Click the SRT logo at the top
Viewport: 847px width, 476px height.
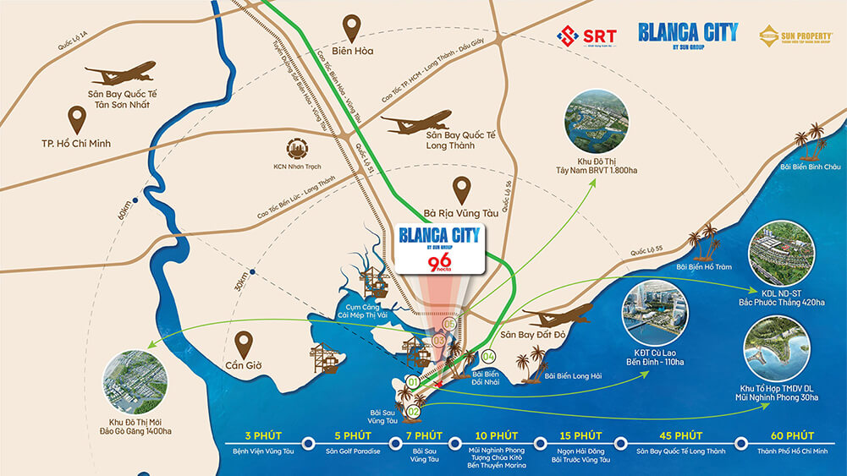pos(586,36)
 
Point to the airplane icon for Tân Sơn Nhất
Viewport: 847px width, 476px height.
pos(120,74)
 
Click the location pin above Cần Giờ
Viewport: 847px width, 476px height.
pos(245,343)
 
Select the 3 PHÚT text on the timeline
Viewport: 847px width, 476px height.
pos(261,435)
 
